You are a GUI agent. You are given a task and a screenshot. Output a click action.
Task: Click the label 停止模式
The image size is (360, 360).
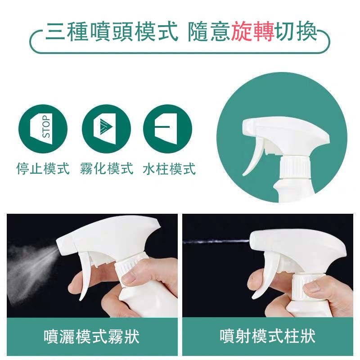point(43,169)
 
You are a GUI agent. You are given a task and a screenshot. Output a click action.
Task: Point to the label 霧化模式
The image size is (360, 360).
point(107,169)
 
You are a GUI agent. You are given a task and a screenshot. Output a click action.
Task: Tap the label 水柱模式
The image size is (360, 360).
point(169,169)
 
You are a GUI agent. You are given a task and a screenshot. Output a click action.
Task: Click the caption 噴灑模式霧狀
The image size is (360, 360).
point(91,336)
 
